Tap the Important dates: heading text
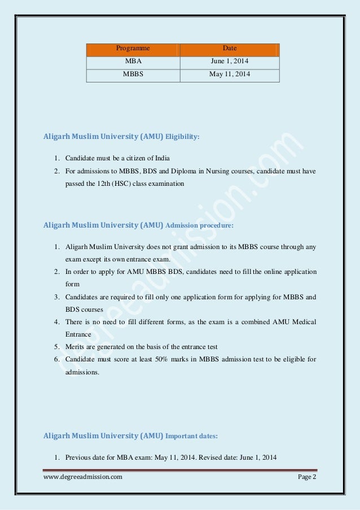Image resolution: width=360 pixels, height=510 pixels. pos(195,436)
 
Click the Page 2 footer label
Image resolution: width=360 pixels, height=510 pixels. pos(307,478)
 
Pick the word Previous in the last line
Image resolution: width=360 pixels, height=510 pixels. pos(79,457)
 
